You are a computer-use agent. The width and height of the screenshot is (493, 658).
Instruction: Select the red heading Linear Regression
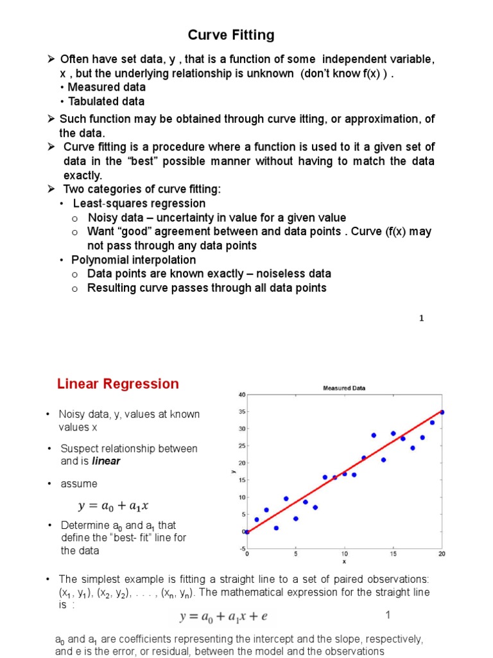[118, 384]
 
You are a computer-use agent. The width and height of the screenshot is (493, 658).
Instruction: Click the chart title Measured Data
[343, 387]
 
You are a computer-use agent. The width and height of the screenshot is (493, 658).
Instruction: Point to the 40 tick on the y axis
[241, 394]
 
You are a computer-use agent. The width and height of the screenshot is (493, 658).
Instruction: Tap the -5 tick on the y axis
[241, 548]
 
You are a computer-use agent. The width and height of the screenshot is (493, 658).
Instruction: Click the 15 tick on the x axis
[393, 554]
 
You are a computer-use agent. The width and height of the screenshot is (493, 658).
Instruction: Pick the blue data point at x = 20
[442, 412]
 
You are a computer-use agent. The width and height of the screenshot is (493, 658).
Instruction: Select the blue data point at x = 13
[374, 435]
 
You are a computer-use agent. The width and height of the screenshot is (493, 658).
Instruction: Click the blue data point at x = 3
[276, 528]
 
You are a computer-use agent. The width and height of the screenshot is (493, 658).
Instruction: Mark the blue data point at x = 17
[412, 448]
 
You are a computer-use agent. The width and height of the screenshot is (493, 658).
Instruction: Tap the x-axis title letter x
[344, 561]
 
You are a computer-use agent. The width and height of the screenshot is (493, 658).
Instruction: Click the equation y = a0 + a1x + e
[223, 617]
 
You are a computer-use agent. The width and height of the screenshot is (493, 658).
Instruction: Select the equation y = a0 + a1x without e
[116, 505]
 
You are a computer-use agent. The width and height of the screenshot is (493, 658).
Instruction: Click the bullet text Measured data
[107, 87]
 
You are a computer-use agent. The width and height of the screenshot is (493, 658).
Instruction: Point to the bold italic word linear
[106, 461]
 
